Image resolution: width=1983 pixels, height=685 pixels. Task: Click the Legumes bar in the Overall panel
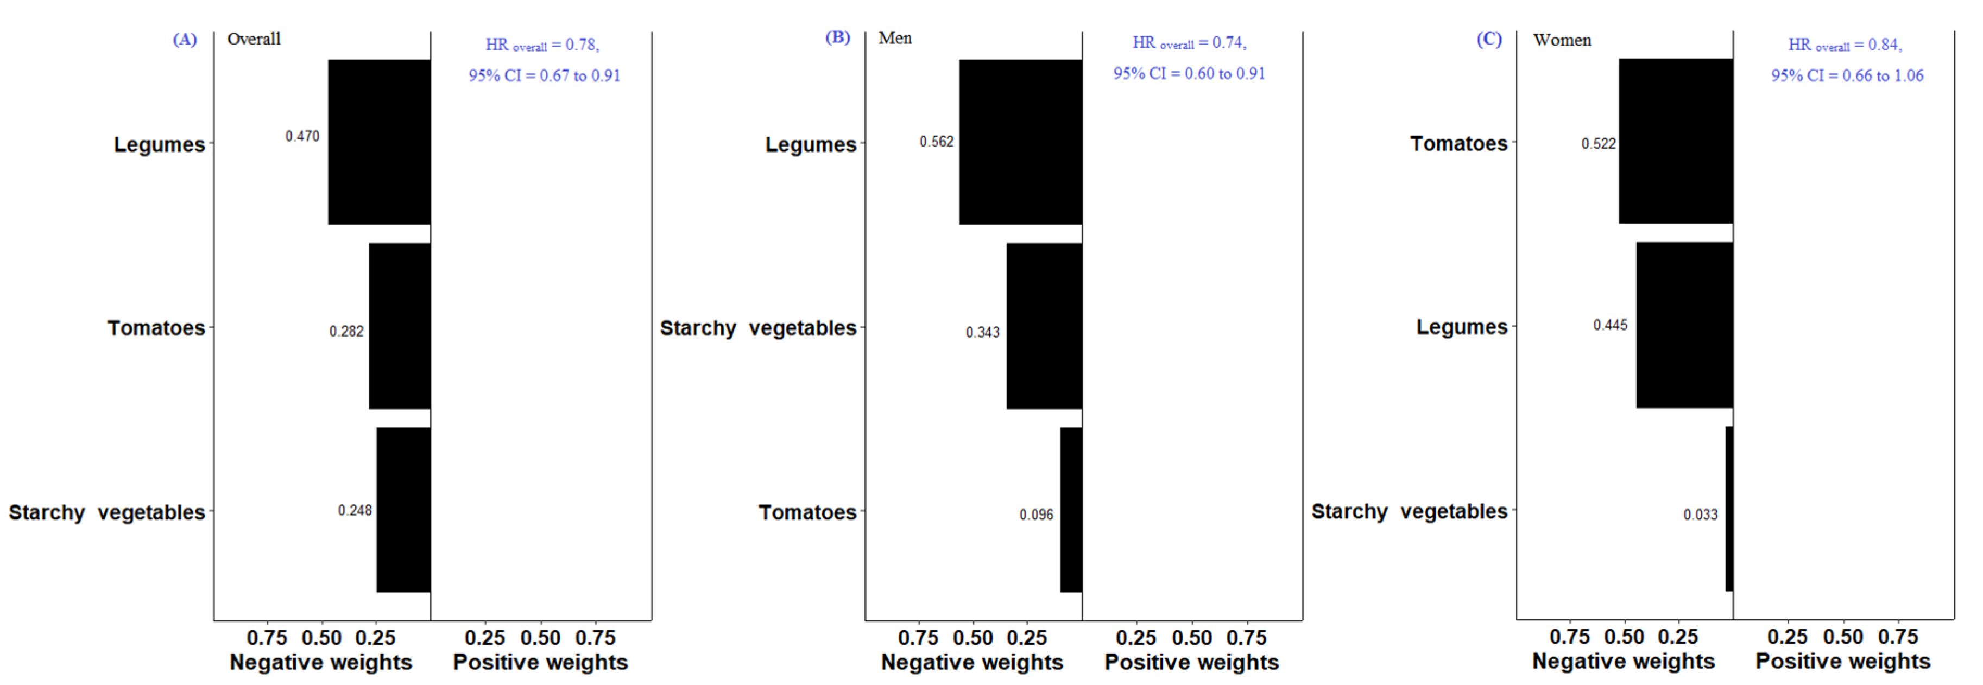pos(379,142)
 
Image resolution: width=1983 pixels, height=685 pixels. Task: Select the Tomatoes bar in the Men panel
pos(1071,510)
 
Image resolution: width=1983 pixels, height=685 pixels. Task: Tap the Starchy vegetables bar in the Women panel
pos(1729,509)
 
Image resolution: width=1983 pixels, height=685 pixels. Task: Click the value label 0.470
pos(302,136)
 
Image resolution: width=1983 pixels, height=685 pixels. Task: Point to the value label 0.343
pos(982,333)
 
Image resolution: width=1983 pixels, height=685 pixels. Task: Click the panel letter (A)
pos(185,39)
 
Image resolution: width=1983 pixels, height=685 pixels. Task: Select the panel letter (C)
pos(1488,39)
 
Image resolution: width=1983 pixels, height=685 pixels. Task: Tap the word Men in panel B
pos(894,37)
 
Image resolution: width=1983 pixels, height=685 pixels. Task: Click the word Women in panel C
pos(1561,40)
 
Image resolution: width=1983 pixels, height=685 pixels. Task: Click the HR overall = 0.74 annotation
pos(1189,43)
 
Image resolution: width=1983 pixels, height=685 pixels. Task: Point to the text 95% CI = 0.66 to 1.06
pos(1847,75)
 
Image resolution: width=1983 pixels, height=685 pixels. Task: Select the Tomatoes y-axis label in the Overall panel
pos(156,328)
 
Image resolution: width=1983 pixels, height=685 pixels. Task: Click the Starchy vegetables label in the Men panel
pos(757,328)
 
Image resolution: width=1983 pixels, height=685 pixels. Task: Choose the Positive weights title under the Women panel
pos(1842,661)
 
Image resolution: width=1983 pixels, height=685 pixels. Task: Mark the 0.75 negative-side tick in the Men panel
pos(918,638)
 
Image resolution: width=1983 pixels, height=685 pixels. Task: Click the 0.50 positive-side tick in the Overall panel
pos(540,638)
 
